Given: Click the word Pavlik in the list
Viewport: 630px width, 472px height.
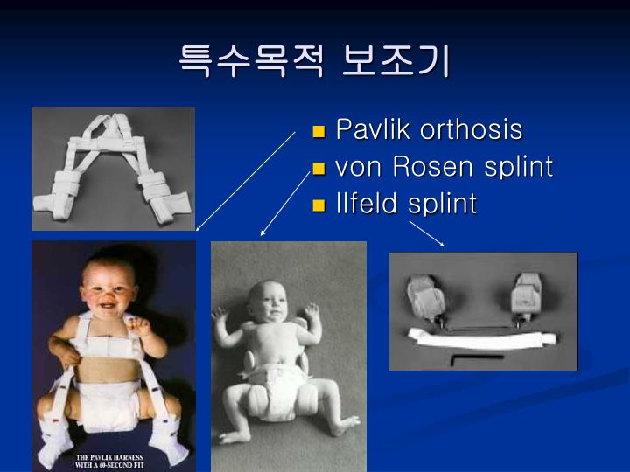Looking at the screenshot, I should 374,130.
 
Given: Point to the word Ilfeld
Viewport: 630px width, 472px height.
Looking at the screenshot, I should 368,204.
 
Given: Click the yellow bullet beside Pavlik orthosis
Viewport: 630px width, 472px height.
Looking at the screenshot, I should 319,132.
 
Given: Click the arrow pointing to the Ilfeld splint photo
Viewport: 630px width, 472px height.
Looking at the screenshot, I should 426,232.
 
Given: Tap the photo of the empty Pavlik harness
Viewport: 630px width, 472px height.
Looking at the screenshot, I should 113,168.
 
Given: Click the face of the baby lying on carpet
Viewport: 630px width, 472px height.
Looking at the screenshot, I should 269,302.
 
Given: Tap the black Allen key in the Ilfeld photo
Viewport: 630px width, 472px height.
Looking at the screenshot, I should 476,357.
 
